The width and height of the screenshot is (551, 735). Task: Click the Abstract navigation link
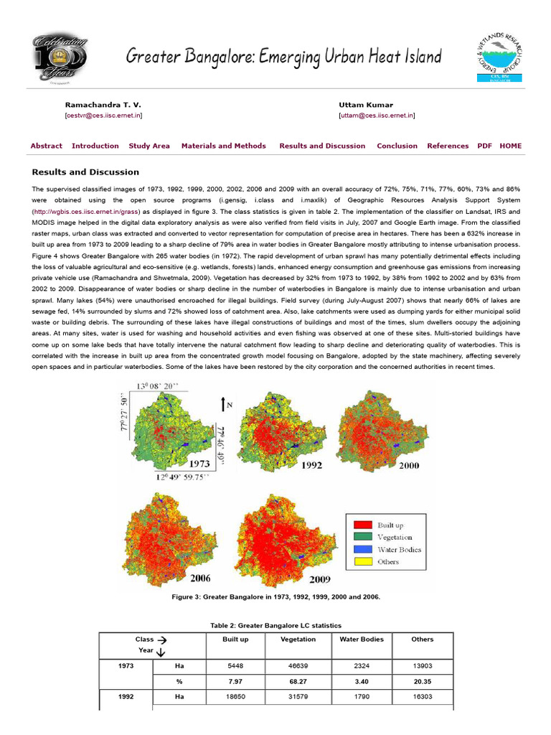(46, 146)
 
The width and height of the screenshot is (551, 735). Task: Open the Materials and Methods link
(223, 146)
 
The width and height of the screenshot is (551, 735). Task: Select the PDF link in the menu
(484, 146)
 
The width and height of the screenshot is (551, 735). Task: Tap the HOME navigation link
(511, 146)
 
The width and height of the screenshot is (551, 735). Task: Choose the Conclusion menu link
(397, 146)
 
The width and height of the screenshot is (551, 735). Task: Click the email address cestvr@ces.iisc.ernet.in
(103, 115)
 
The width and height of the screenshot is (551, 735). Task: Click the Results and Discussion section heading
(85, 172)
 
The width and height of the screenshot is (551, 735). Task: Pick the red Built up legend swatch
(364, 524)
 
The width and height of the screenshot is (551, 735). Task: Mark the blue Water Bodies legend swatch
(364, 549)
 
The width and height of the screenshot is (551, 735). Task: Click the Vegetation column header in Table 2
(298, 639)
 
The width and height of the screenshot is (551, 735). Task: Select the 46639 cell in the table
(298, 666)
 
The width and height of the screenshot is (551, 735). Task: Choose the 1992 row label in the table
(126, 696)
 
